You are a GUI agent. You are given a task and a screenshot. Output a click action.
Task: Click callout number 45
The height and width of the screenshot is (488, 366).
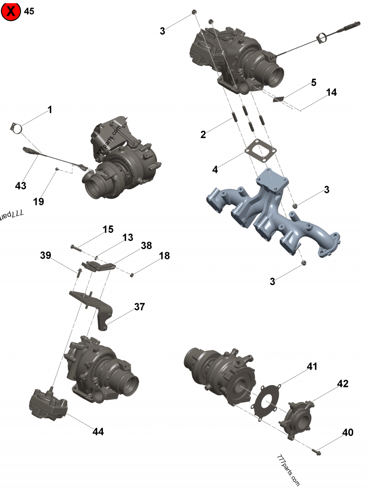(x=29, y=11)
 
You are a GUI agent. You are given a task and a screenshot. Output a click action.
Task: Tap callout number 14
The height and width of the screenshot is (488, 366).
(x=331, y=92)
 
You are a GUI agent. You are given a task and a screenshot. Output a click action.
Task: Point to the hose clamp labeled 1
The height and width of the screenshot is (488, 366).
(x=16, y=128)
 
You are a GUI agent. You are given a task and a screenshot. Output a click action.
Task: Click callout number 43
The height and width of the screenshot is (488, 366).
(x=21, y=186)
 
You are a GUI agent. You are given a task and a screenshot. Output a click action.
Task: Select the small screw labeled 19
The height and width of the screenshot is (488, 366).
(x=57, y=169)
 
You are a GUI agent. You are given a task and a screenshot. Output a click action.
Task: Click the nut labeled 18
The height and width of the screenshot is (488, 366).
(x=132, y=274)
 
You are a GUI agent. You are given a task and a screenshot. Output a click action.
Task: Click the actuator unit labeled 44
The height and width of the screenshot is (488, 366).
(x=48, y=403)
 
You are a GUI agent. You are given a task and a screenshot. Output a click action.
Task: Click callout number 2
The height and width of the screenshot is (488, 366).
(x=203, y=134)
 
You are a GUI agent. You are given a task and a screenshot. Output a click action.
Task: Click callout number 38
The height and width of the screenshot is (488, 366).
(x=146, y=246)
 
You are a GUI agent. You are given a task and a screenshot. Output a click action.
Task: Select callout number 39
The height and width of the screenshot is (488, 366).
(x=45, y=255)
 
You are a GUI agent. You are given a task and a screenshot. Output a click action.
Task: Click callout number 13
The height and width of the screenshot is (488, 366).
(x=128, y=237)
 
